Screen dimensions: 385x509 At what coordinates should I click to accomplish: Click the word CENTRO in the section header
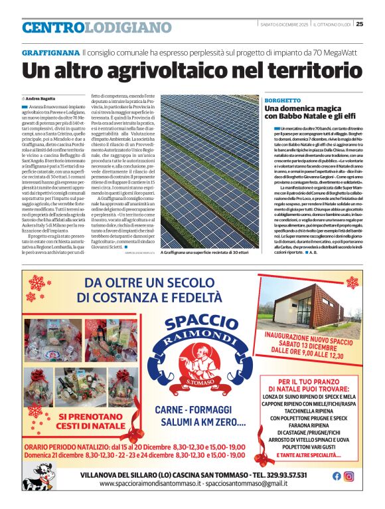pos(52,28)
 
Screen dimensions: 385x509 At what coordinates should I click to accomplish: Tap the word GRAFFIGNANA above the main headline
pos(50,52)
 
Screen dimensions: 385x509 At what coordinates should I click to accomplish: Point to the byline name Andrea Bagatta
pos(41,98)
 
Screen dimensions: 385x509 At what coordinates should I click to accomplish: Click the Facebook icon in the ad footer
pos(337,476)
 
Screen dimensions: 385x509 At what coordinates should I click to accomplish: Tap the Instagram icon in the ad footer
pos(349,476)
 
